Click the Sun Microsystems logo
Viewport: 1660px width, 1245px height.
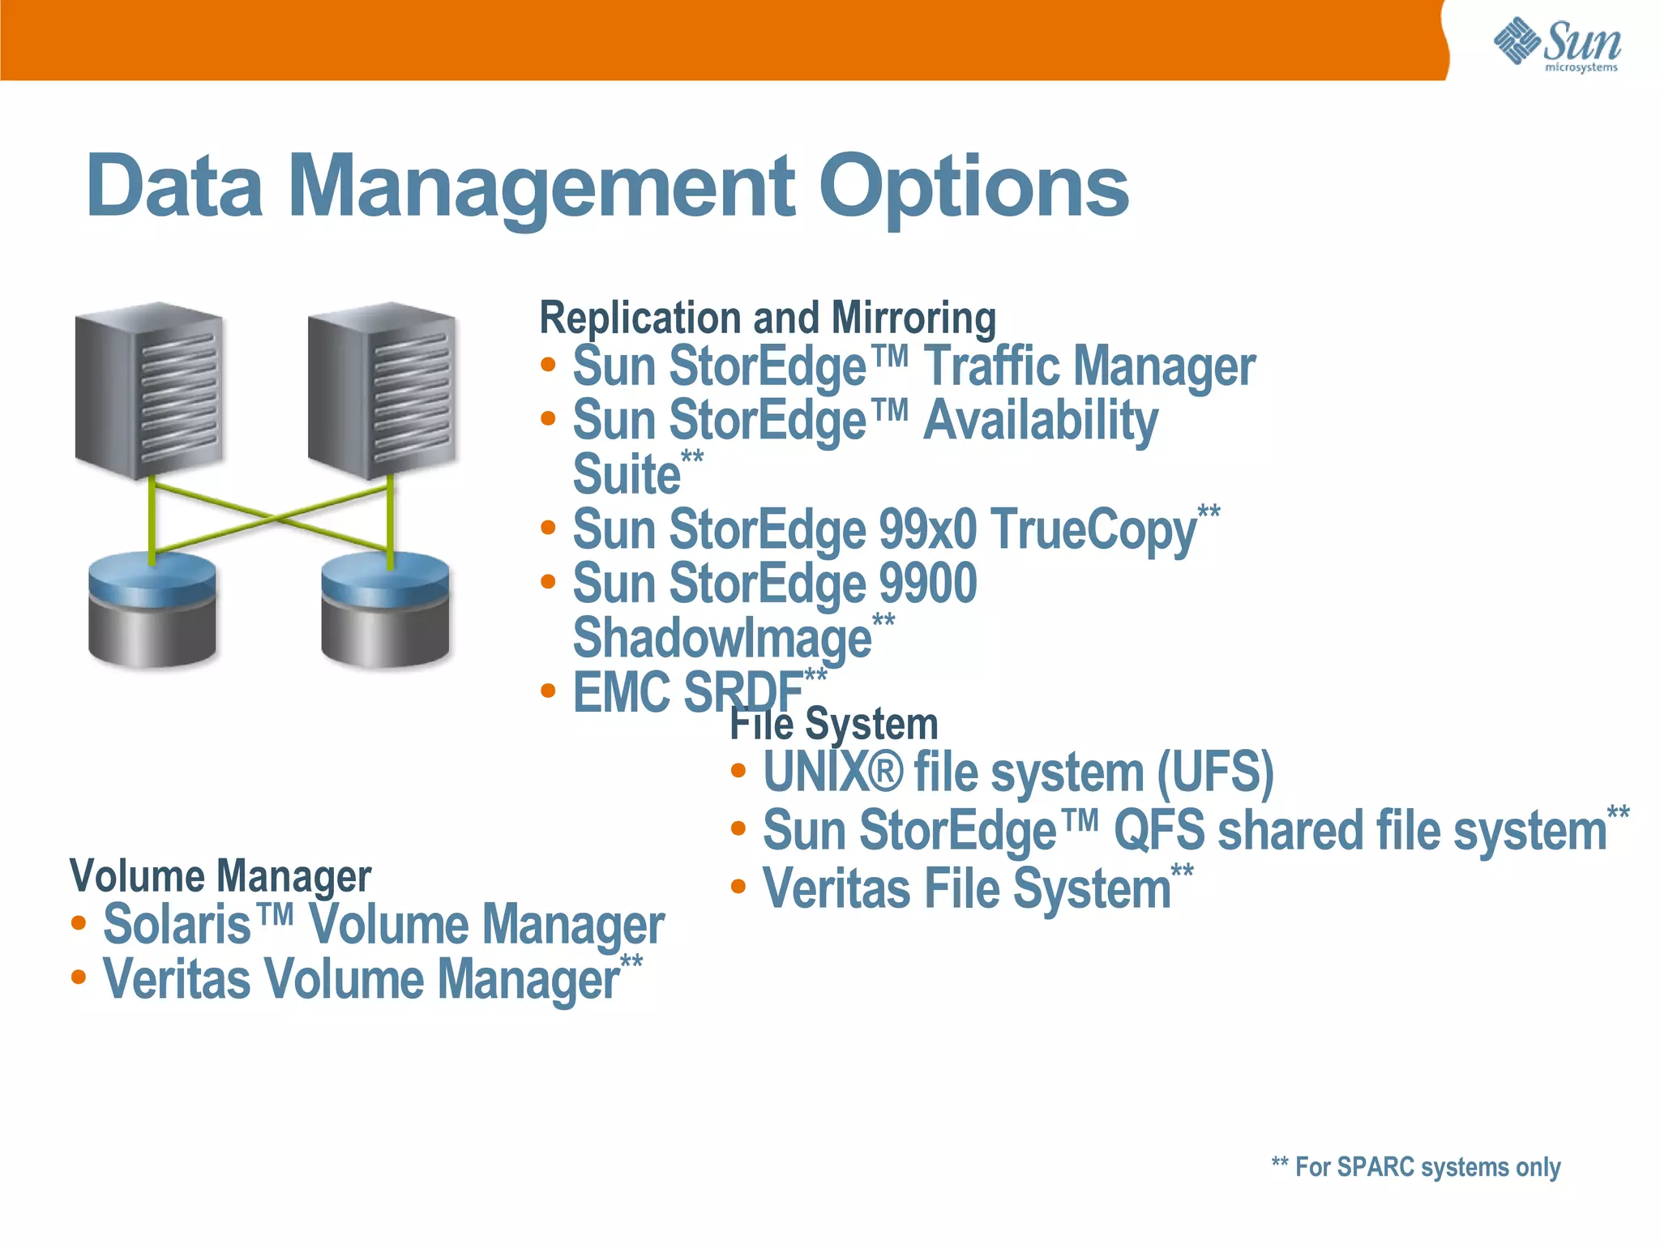point(1556,45)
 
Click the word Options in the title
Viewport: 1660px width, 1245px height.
point(973,188)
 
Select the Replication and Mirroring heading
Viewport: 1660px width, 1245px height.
point(768,318)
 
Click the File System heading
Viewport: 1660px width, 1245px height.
point(834,724)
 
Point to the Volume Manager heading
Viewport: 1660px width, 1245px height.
point(220,876)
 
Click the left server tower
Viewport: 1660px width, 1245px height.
point(149,390)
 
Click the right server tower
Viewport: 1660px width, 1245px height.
point(382,390)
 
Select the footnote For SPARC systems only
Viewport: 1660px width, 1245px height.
point(1416,1167)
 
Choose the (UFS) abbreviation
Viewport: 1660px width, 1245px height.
point(1215,772)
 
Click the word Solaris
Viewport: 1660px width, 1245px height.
point(177,925)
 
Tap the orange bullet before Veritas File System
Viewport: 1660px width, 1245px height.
point(738,887)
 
